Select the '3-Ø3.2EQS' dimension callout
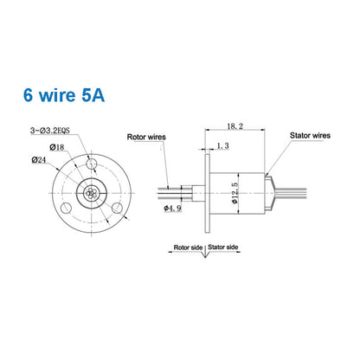coord(53,131)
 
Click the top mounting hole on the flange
coord(92,163)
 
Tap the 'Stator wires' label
coord(308,136)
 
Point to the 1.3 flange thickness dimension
coord(224,148)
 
